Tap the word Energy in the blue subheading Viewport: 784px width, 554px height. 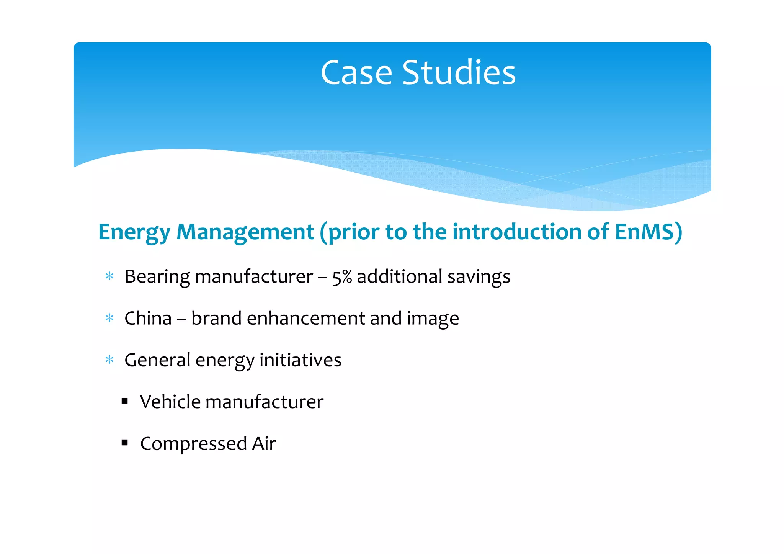point(134,232)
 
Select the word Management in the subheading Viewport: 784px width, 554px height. point(245,232)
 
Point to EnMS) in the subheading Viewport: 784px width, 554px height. point(648,232)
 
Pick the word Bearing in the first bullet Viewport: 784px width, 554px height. point(157,277)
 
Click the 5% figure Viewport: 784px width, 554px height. point(342,277)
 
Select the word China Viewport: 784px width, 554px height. point(148,319)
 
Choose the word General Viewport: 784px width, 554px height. point(157,360)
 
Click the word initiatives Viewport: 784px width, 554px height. point(300,360)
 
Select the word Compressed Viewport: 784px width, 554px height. point(193,444)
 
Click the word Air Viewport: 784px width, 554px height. point(264,444)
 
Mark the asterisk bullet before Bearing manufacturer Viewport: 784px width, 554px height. point(109,276)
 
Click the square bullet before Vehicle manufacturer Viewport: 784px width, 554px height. point(124,401)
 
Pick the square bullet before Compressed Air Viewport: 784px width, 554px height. point(124,443)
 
